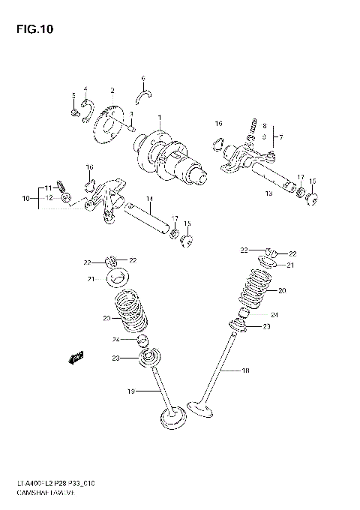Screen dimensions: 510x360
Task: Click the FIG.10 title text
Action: pyautogui.click(x=28, y=29)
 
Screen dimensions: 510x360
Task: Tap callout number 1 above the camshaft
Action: pyautogui.click(x=159, y=118)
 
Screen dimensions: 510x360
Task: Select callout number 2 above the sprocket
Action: pyautogui.click(x=112, y=91)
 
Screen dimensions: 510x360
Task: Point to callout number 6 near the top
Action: pyautogui.click(x=142, y=77)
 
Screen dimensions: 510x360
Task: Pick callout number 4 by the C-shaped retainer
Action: pyautogui.click(x=85, y=88)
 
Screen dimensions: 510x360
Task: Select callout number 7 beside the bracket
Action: pyautogui.click(x=280, y=136)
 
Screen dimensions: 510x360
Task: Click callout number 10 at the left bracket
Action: pyautogui.click(x=25, y=199)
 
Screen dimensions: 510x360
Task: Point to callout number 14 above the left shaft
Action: pyautogui.click(x=149, y=199)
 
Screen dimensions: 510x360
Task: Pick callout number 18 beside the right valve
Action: pyautogui.click(x=244, y=370)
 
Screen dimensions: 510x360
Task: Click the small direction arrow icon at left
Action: pyautogui.click(x=75, y=358)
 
